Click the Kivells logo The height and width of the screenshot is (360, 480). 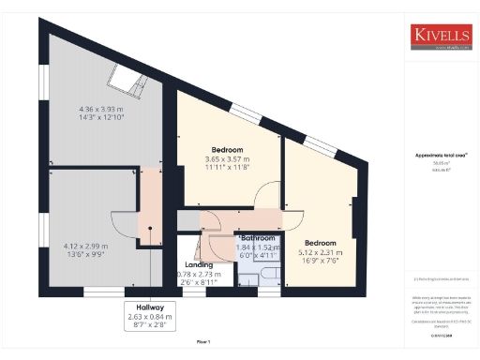(439, 36)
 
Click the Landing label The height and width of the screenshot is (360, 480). (186, 264)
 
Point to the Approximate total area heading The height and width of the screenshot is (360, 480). (436, 155)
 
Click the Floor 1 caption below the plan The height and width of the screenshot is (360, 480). (202, 342)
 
